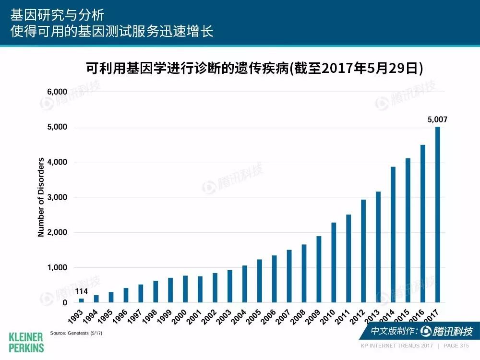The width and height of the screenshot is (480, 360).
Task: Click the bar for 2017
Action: pyautogui.click(x=437, y=215)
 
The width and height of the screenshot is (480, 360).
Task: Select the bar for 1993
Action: pyautogui.click(x=82, y=300)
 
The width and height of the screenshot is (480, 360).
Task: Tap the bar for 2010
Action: pyautogui.click(x=334, y=263)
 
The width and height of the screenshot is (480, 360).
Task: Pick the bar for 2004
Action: pyautogui.click(x=245, y=284)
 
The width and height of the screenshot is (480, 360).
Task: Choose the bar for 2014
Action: pyautogui.click(x=393, y=235)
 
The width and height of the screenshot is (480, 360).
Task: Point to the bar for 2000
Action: pyautogui.click(x=185, y=289)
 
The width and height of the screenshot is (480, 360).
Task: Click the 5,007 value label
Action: pyautogui.click(x=437, y=120)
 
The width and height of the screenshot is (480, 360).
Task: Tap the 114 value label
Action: pyautogui.click(x=82, y=291)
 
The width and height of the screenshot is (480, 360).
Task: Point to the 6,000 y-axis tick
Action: pyautogui.click(x=57, y=92)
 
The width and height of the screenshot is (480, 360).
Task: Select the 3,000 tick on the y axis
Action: pyautogui.click(x=57, y=197)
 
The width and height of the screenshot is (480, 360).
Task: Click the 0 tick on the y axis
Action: pyautogui.click(x=65, y=302)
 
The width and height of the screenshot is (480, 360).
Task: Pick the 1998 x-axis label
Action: pyautogui.click(x=150, y=316)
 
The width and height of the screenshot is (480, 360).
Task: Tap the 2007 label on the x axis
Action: pyautogui.click(x=283, y=316)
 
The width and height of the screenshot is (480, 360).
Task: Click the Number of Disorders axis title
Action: pyautogui.click(x=41, y=197)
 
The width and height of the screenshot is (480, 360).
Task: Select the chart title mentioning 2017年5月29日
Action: pyautogui.click(x=254, y=68)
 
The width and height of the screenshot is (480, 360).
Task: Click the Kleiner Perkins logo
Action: pyautogui.click(x=26, y=343)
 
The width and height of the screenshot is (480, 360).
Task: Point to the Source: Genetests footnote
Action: pyautogui.click(x=76, y=333)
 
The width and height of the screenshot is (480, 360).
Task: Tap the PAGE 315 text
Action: pyautogui.click(x=456, y=346)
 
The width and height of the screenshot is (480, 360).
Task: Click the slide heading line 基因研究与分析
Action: pyautogui.click(x=57, y=15)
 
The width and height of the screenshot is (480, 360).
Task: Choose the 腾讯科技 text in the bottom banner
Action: pyautogui.click(x=453, y=331)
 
